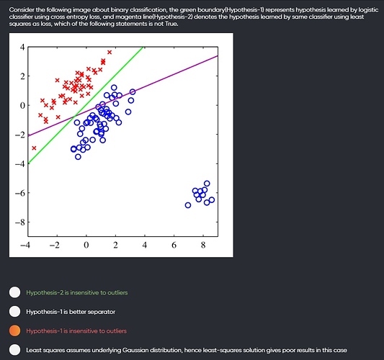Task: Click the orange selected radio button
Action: pos(14,331)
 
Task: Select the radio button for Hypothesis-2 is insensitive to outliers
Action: pos(14,292)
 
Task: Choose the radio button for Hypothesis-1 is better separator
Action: pos(14,312)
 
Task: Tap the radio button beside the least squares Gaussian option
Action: pos(14,350)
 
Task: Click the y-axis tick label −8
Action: pos(20,222)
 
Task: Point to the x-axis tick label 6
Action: pos(174,245)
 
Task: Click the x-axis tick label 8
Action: pos(203,245)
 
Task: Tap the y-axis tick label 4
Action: pos(22,47)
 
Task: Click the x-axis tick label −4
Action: pos(25,245)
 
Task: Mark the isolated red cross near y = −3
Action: pos(34,148)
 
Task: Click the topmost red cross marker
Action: pos(110,52)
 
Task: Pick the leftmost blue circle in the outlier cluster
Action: pos(188,205)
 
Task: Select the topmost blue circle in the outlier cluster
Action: pos(207,184)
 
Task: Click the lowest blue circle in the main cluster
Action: pos(78,157)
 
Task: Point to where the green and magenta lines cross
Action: pos(74,117)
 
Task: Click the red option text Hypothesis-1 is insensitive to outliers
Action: pos(76,331)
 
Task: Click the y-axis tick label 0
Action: pos(22,105)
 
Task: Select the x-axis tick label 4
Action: pos(145,245)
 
